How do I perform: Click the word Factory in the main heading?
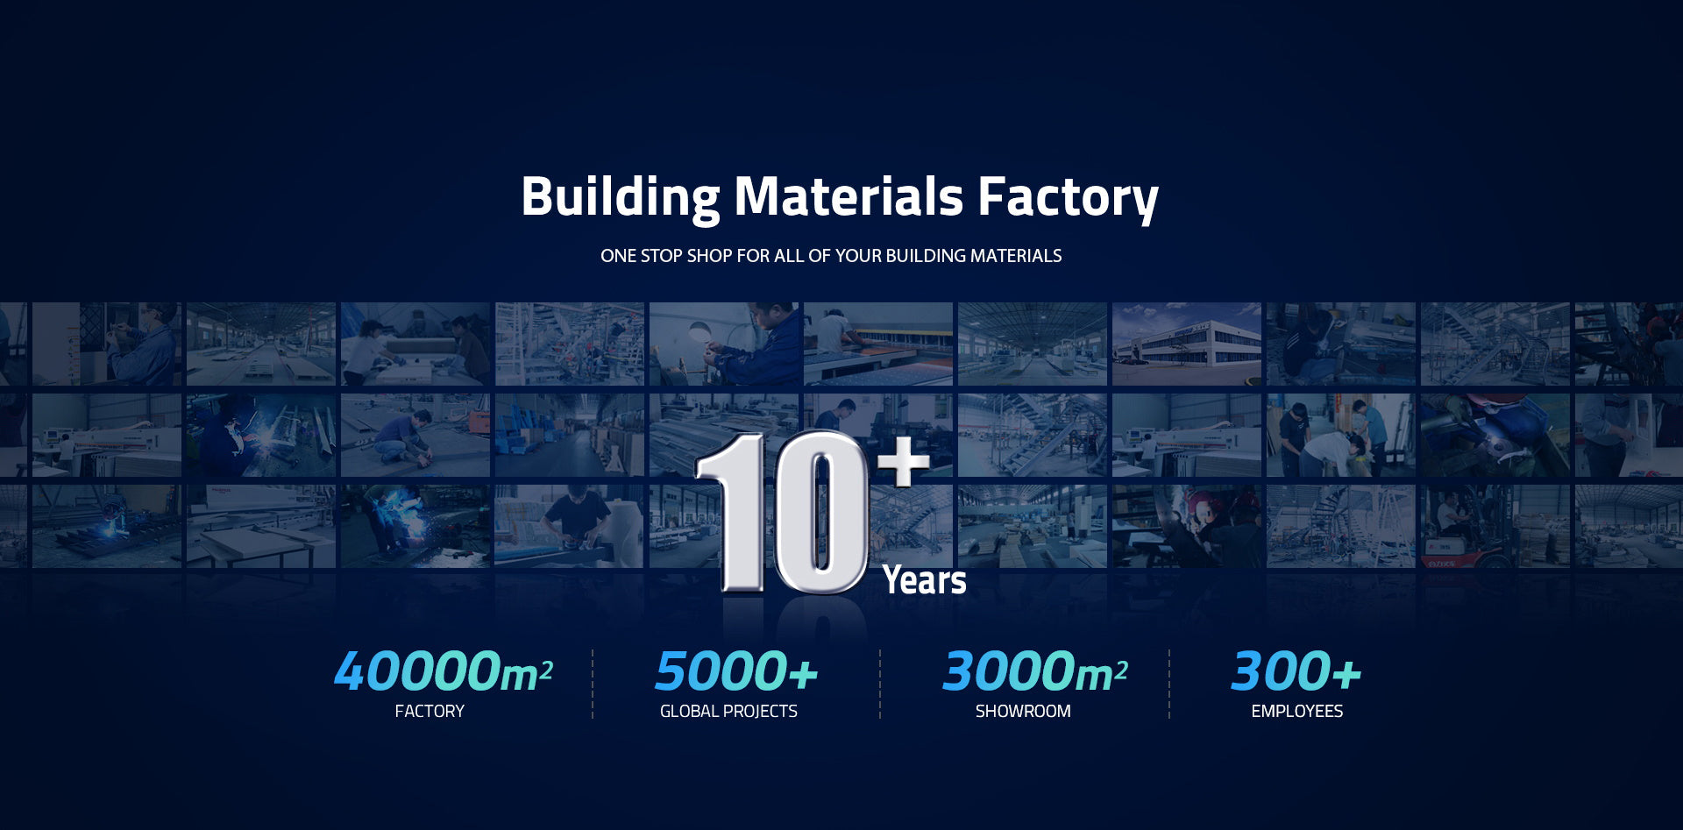pyautogui.click(x=1068, y=197)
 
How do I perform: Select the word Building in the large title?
pyautogui.click(x=621, y=197)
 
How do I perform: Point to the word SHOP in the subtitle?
pyautogui.click(x=709, y=256)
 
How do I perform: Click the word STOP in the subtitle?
pyautogui.click(x=661, y=256)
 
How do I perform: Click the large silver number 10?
pyautogui.click(x=781, y=513)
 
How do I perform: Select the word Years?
pyautogui.click(x=924, y=580)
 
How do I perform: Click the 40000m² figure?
pyautogui.click(x=443, y=671)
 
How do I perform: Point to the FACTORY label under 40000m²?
pyautogui.click(x=430, y=711)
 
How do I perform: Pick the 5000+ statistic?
pyautogui.click(x=736, y=671)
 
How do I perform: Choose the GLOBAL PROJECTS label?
pyautogui.click(x=728, y=711)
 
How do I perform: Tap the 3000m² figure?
pyautogui.click(x=1034, y=671)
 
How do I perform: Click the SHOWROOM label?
pyautogui.click(x=1023, y=711)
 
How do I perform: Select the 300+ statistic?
pyautogui.click(x=1296, y=671)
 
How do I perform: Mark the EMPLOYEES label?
pyautogui.click(x=1297, y=711)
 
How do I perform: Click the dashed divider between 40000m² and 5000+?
pyautogui.click(x=593, y=684)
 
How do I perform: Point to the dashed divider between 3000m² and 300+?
pyautogui.click(x=1169, y=684)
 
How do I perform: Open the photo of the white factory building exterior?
pyautogui.click(x=1187, y=344)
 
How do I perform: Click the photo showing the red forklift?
pyautogui.click(x=1495, y=526)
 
